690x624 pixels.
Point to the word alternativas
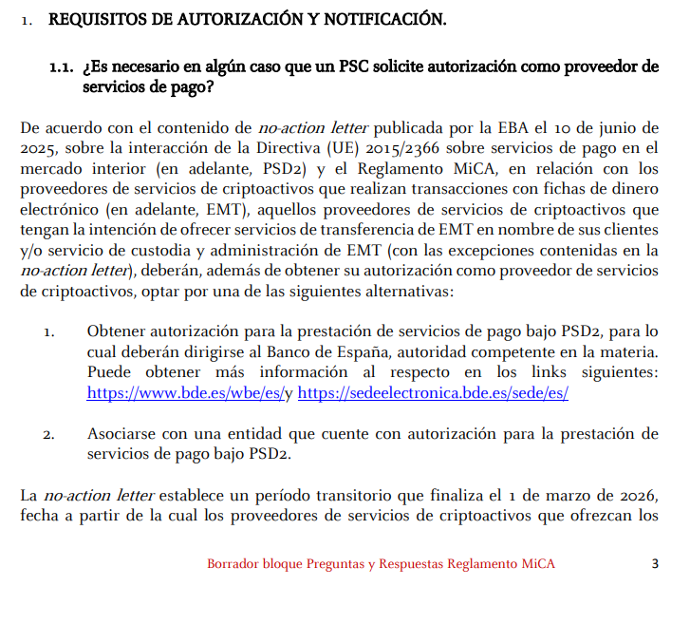pyautogui.click(x=409, y=291)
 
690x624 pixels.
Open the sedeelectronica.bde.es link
pyautogui.click(x=433, y=392)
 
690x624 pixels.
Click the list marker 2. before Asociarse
pyautogui.click(x=49, y=434)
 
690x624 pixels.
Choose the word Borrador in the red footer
pyautogui.click(x=233, y=564)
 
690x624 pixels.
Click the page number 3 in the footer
pyautogui.click(x=655, y=564)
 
